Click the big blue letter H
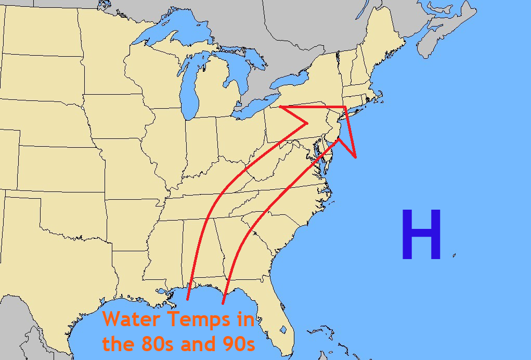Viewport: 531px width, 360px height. pos(421,235)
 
